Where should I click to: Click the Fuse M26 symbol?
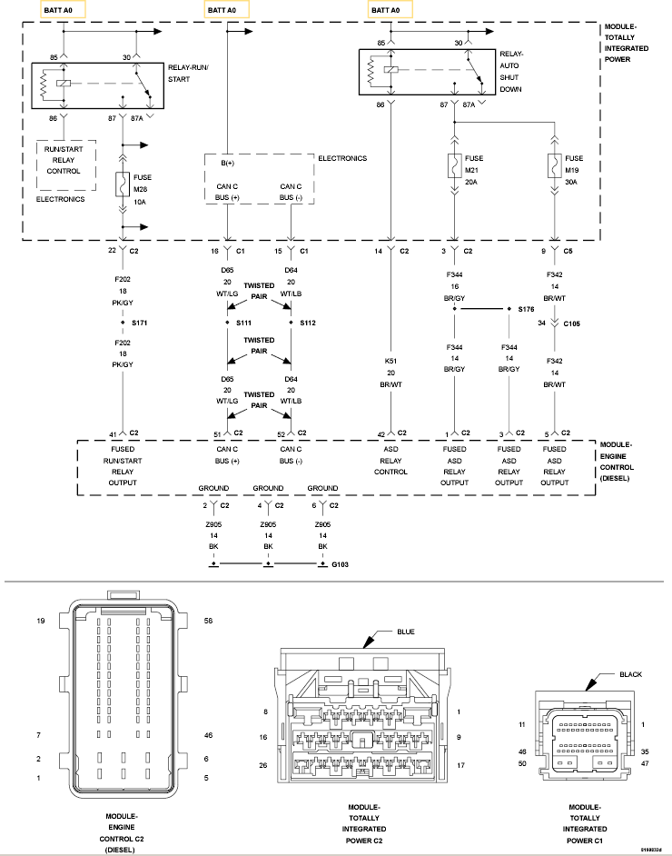click(123, 185)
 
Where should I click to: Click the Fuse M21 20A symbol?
click(452, 167)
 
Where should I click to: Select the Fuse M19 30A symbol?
click(553, 167)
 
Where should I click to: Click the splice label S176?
click(526, 309)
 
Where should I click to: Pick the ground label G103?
click(340, 565)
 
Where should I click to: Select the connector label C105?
click(572, 322)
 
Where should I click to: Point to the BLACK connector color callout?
click(629, 675)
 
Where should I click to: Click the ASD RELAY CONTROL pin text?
click(390, 460)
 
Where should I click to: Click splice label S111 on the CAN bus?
click(242, 323)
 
